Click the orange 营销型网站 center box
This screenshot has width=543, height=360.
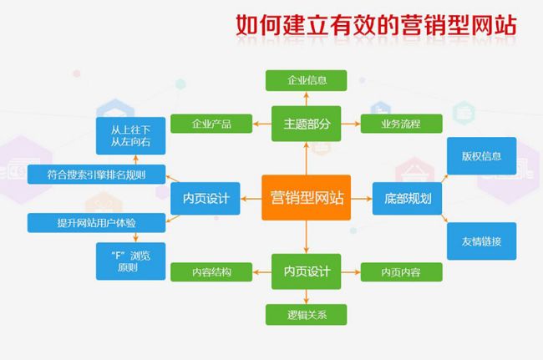[x=306, y=198]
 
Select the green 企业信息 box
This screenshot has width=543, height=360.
[x=306, y=81]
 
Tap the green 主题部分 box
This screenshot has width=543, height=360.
[x=306, y=124]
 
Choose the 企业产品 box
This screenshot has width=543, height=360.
[x=211, y=124]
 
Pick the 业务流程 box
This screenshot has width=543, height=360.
[x=401, y=124]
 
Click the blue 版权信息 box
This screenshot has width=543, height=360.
[x=482, y=155]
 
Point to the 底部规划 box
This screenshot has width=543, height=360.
[x=407, y=198]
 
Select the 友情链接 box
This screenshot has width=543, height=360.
[x=482, y=241]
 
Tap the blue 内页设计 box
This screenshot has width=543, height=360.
[x=206, y=198]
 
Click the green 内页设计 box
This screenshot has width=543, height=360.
[x=306, y=271]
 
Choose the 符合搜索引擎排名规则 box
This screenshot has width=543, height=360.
[x=96, y=175]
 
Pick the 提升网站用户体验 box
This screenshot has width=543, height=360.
[x=96, y=222]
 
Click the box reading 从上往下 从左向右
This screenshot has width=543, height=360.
[x=130, y=135]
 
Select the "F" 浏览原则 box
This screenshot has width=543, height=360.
[x=130, y=261]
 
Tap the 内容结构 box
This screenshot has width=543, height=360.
[x=211, y=271]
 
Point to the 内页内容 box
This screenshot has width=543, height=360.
[x=401, y=271]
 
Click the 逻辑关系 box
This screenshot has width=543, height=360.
[x=306, y=315]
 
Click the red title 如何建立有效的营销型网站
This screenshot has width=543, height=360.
[x=376, y=25]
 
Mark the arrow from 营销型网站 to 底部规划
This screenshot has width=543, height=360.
[x=362, y=199]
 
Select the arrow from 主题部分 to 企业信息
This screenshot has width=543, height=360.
[x=306, y=99]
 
